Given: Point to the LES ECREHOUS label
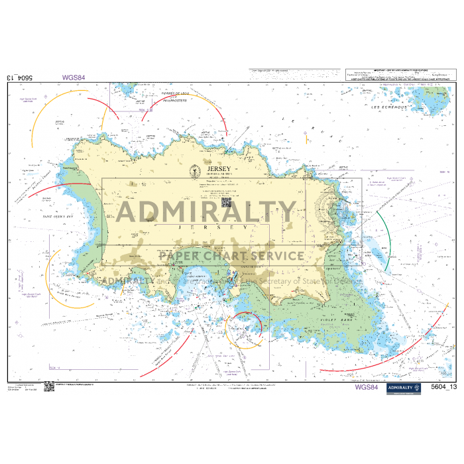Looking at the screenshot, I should click(388, 107).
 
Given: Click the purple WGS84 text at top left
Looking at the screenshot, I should click(74, 78).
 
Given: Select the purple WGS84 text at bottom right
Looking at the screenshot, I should click(366, 386).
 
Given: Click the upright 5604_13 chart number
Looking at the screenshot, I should click(443, 386).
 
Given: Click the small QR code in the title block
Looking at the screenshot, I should click(225, 201).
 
